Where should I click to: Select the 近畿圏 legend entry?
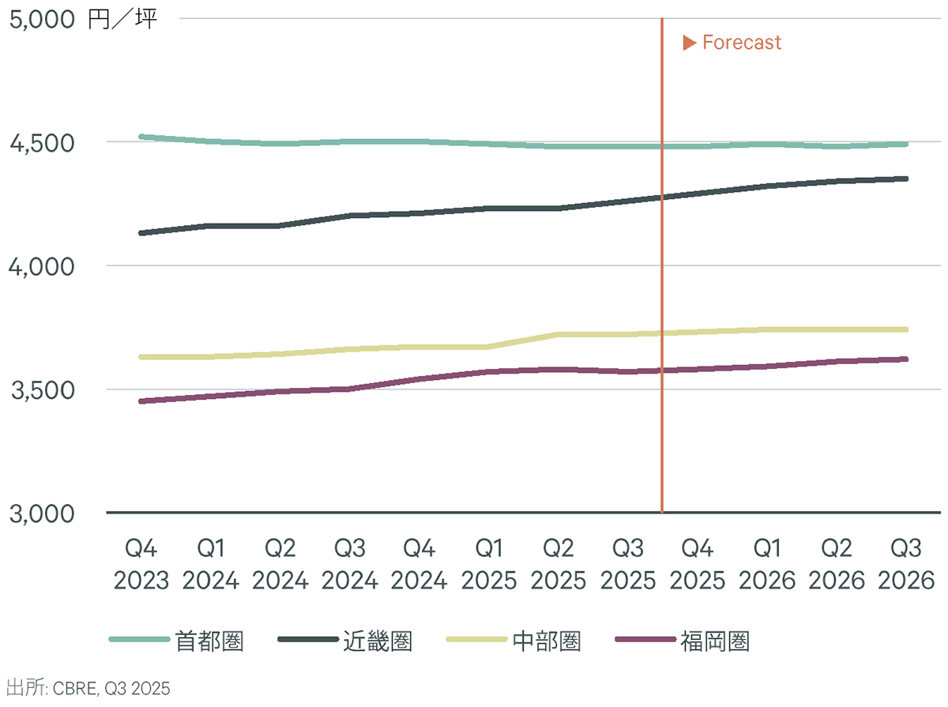(378, 641)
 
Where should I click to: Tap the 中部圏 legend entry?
(547, 641)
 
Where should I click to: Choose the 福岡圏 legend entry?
(715, 641)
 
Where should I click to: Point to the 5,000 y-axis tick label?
(42, 19)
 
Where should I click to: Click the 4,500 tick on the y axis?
(42, 143)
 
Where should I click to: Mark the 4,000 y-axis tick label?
(42, 266)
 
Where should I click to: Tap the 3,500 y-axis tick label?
(42, 390)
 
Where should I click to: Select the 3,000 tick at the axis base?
(42, 513)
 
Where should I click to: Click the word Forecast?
(741, 43)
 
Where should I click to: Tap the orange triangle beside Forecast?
(689, 43)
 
